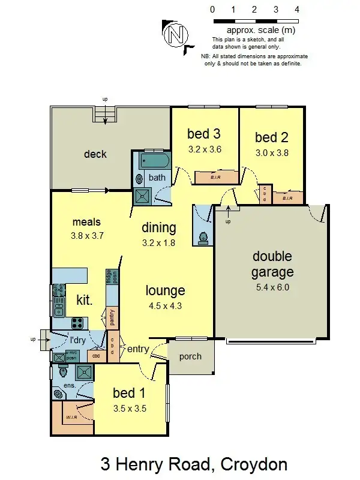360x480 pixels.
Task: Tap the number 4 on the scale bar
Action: tap(297, 10)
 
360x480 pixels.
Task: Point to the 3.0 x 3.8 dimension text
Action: tap(272, 152)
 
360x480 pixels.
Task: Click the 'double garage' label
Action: tap(272, 265)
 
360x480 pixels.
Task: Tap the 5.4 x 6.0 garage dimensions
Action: tap(272, 287)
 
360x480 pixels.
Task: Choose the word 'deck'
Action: tap(95, 154)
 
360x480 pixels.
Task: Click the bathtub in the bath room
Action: tap(155, 161)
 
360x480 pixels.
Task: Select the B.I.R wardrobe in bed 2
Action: tap(287, 197)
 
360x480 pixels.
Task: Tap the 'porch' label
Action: tap(191, 356)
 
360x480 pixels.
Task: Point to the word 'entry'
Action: tap(138, 349)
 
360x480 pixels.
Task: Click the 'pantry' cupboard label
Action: tap(112, 316)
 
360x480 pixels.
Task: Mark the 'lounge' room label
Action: tap(166, 291)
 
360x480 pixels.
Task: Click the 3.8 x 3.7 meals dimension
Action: tap(88, 236)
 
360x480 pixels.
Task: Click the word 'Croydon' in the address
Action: tap(254, 464)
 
